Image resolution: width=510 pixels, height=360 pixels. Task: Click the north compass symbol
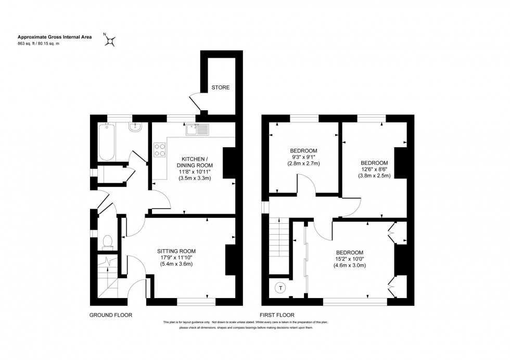110,40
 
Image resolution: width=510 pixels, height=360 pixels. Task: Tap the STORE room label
220,87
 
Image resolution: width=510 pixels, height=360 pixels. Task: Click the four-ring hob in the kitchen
160,150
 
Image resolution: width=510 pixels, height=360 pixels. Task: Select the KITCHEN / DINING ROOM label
195,162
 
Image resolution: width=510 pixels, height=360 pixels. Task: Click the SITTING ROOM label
176,251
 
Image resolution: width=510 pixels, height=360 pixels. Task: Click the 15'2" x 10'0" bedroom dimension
350,259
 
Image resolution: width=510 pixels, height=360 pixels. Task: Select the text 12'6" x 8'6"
373,169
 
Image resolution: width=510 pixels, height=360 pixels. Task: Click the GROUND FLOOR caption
111,315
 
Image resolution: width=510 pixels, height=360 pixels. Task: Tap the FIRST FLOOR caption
277,315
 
